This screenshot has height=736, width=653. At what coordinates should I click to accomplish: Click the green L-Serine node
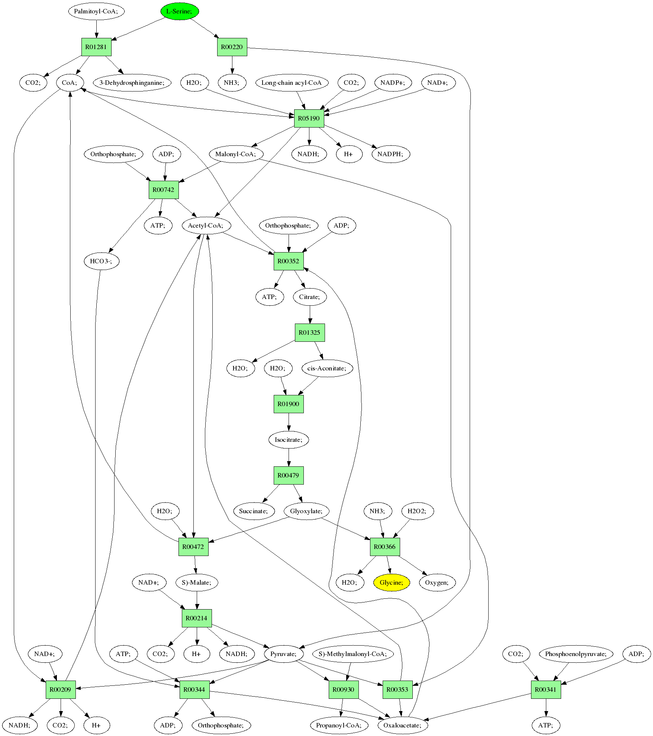180,11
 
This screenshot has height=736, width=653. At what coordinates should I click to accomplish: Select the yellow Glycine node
391,582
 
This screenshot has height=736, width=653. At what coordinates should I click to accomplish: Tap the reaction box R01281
96,47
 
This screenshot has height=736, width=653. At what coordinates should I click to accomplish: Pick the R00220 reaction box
232,47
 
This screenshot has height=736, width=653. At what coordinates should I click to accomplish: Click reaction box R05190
309,118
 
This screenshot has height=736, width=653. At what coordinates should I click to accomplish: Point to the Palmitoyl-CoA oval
96,11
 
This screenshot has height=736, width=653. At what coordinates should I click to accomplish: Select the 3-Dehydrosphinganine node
132,83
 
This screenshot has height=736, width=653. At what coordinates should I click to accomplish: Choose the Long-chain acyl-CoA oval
292,83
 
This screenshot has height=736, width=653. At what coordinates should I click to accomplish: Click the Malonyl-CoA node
236,154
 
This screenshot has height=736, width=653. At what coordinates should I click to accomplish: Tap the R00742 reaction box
164,190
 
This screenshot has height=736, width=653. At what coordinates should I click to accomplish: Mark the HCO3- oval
102,261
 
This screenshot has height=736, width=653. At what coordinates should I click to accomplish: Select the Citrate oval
310,297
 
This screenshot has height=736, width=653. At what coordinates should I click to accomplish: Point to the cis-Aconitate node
327,368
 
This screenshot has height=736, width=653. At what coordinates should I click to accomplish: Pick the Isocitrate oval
289,440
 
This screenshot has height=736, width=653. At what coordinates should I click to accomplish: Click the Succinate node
254,511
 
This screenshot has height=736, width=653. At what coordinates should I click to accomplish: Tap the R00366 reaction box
385,547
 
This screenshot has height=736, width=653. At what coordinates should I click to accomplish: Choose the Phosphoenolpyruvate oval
576,654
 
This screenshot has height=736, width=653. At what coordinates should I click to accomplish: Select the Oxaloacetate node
403,725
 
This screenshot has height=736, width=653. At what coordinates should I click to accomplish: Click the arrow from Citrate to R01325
310,314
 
